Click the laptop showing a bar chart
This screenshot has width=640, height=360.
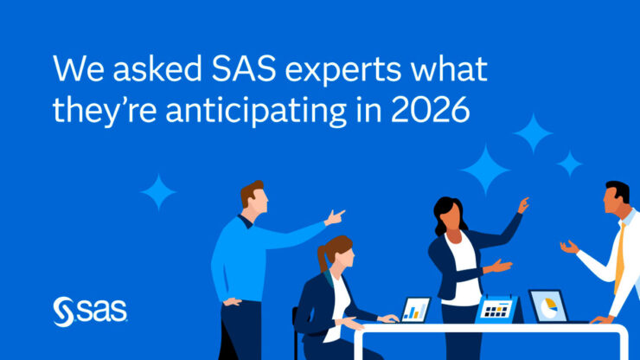click(416, 309)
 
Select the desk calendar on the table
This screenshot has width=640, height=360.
click(496, 309)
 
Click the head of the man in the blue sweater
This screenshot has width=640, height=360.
click(253, 198)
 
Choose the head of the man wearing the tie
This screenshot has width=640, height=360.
click(618, 201)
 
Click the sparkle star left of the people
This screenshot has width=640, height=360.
click(157, 191)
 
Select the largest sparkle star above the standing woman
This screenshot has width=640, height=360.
click(484, 169)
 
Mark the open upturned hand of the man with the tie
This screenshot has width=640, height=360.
click(568, 247)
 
